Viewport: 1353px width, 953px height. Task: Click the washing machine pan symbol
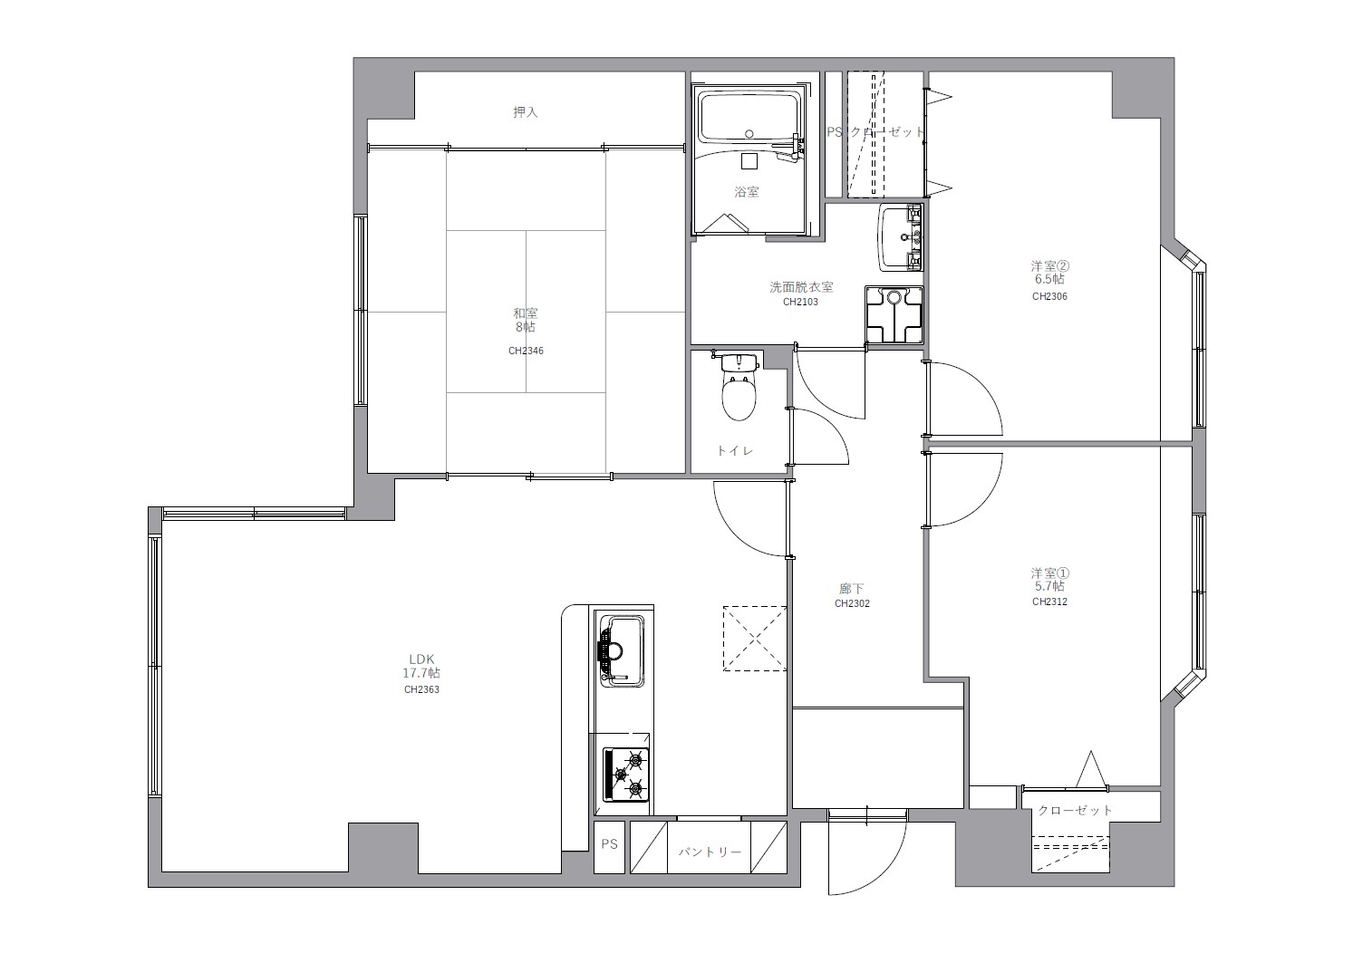coord(894,315)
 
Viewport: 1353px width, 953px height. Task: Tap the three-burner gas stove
coord(626,775)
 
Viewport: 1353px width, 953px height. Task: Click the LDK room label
coord(421,659)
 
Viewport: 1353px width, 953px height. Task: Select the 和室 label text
coord(525,313)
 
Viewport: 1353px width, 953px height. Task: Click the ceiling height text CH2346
coord(526,351)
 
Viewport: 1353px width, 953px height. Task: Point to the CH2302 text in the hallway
coord(852,603)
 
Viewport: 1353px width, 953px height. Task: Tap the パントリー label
coord(709,852)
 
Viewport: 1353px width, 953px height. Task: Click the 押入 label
coord(525,111)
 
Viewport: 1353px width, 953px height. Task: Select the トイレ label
coord(734,450)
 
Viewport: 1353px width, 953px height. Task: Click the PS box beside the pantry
coord(609,847)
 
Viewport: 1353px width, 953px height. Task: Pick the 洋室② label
coord(1049,265)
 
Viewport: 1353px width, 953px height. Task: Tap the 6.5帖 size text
coord(1049,279)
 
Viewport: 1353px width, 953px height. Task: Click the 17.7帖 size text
coord(421,673)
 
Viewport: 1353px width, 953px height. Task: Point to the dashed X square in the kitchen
coord(755,639)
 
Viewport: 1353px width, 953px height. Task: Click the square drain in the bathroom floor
coord(749,160)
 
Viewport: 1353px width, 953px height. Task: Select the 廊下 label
coord(852,588)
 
